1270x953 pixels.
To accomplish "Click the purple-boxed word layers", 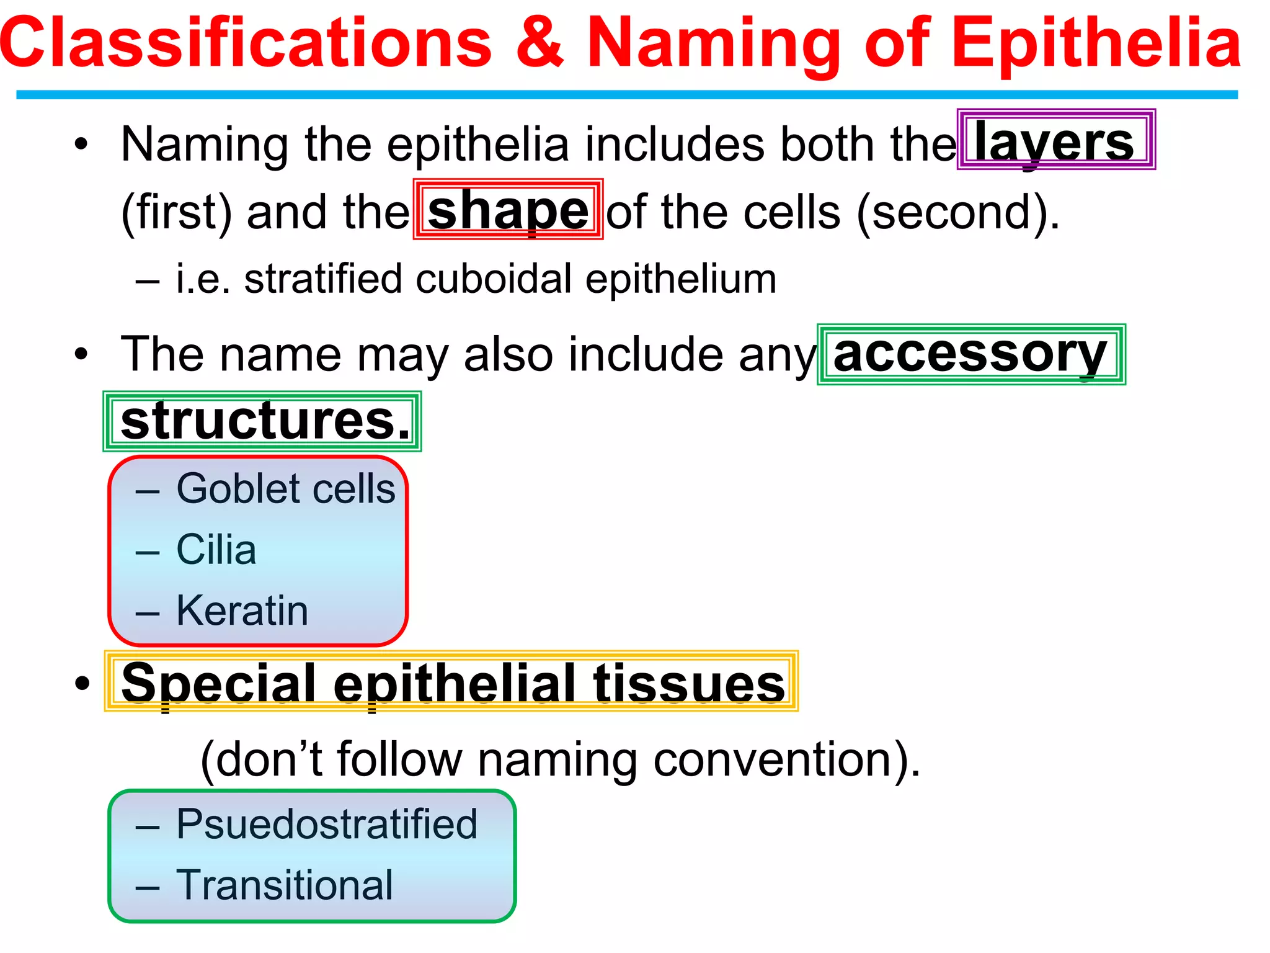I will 1054,141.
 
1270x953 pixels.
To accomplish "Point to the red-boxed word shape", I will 508,210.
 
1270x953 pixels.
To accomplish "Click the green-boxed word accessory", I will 970,354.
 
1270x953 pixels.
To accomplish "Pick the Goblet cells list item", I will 285,489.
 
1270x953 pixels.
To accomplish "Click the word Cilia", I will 216,550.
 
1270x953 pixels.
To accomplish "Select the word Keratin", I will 242,611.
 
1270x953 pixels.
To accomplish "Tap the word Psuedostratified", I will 327,825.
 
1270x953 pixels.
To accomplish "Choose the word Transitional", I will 285,885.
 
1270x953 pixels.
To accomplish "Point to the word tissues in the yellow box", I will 689,683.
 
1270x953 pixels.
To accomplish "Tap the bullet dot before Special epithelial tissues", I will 82,683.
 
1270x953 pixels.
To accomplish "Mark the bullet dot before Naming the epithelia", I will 82,145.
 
